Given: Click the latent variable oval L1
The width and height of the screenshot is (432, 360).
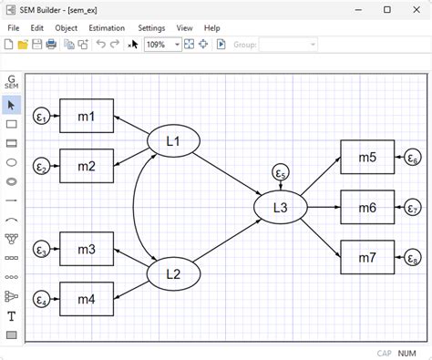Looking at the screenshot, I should [173, 141].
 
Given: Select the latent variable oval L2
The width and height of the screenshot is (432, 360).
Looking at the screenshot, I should [173, 273].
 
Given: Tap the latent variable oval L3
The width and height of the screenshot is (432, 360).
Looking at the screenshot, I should [280, 208].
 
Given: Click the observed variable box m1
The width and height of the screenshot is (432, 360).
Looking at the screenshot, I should [87, 116].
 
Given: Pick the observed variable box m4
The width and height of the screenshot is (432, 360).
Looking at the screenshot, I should [87, 299].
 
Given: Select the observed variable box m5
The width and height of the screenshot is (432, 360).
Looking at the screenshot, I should [366, 158].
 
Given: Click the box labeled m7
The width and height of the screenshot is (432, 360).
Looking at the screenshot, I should [366, 256].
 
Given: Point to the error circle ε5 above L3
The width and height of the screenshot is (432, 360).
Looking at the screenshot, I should [281, 173].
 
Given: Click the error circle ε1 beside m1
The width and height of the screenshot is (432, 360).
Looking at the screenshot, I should [41, 117].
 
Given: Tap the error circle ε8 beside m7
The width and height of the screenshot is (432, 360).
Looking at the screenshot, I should [413, 258].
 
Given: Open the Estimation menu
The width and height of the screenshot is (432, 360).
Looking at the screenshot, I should [108, 28].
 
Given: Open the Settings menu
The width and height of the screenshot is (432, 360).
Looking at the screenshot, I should [151, 28].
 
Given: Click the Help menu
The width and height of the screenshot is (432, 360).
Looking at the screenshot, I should [212, 28].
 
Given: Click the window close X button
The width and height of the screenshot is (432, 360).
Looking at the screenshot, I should [412, 9].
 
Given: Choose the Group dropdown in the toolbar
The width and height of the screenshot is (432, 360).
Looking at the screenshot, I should [287, 44].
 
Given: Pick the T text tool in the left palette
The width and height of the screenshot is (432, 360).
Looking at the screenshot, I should [12, 316].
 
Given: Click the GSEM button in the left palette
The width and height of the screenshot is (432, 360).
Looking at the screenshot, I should [12, 83].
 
